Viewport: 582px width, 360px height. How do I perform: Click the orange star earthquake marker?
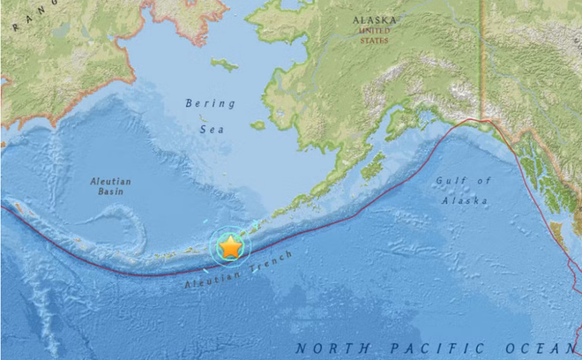(230, 247)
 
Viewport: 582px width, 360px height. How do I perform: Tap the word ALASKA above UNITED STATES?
(374, 19)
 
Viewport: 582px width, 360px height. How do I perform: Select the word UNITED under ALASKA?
(374, 29)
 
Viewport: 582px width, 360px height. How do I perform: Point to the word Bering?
(211, 103)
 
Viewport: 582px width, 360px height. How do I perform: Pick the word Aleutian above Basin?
(111, 182)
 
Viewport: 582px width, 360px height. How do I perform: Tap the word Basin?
(111, 194)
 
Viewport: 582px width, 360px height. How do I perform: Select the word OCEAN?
(532, 349)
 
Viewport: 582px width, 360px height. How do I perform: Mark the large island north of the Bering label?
(225, 64)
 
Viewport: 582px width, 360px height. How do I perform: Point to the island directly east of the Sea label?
(257, 125)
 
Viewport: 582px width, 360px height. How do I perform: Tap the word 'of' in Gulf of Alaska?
(482, 181)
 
